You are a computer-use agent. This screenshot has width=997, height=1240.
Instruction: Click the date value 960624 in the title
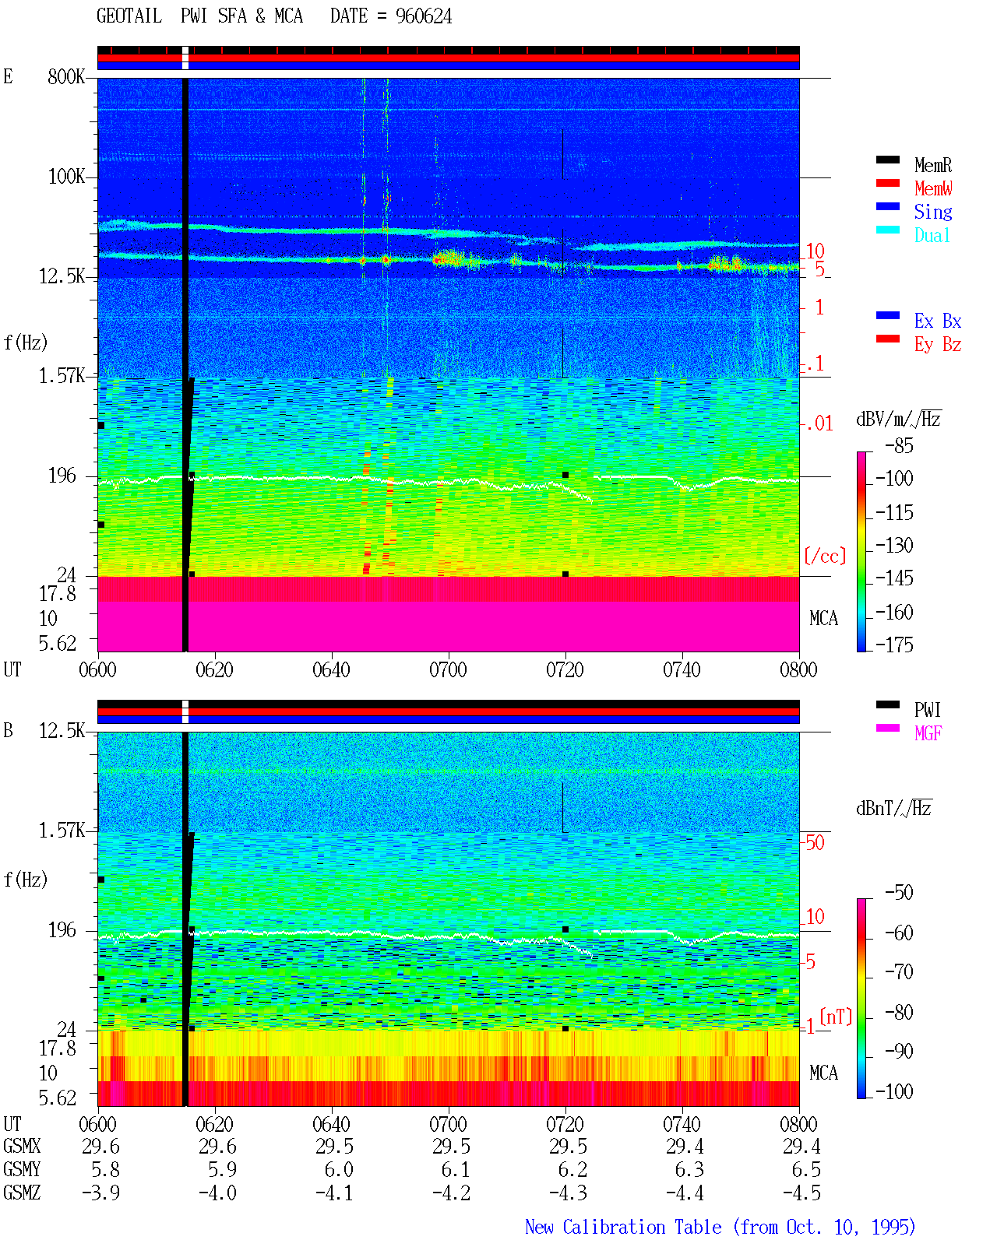tap(424, 16)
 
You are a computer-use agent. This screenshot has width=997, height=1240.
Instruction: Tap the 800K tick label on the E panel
tap(66, 76)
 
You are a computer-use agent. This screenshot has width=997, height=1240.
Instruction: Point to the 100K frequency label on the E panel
tap(66, 177)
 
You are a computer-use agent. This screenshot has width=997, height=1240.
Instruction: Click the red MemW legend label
tap(933, 188)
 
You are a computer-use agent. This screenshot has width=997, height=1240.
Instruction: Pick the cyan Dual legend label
tap(932, 235)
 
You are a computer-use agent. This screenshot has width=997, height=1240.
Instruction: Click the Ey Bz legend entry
tap(938, 345)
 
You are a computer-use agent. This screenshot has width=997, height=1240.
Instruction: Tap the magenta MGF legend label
tap(928, 733)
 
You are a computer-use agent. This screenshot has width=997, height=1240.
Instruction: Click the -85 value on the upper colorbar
tap(899, 446)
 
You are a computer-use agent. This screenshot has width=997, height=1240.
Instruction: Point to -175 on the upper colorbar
tap(894, 645)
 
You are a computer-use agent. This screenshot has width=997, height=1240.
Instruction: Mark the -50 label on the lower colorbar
tap(899, 893)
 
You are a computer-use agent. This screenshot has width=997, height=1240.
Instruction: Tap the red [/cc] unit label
tap(825, 556)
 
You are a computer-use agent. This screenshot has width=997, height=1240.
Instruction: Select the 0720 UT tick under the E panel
tap(565, 670)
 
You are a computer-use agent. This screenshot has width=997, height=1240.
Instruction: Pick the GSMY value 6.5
tap(806, 1169)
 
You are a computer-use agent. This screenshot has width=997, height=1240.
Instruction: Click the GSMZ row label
tap(22, 1193)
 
